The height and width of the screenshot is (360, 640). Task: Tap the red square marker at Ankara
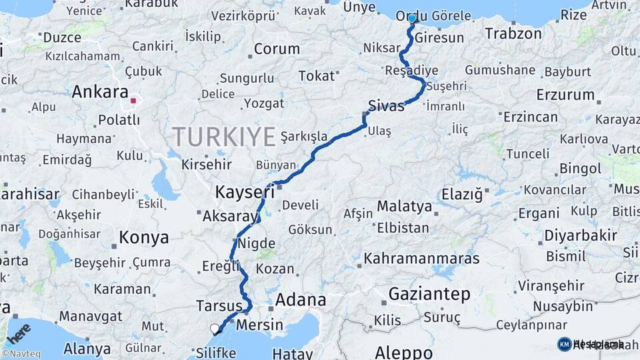(x=133, y=101)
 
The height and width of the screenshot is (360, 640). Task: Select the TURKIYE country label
(x=224, y=137)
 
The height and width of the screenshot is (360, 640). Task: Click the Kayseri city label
(x=245, y=193)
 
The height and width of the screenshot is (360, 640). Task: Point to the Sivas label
(x=386, y=105)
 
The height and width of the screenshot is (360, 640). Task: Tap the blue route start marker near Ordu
(x=412, y=19)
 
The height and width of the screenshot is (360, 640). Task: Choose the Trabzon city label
(x=513, y=33)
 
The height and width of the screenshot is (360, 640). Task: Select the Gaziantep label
(x=429, y=293)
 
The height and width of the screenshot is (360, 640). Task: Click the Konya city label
(x=143, y=237)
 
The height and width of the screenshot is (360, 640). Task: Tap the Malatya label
(x=405, y=207)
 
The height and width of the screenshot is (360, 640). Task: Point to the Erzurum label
(x=565, y=94)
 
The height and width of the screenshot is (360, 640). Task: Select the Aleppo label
(x=404, y=351)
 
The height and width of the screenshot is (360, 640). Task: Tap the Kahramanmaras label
(x=422, y=258)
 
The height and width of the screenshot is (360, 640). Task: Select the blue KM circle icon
(x=564, y=344)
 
